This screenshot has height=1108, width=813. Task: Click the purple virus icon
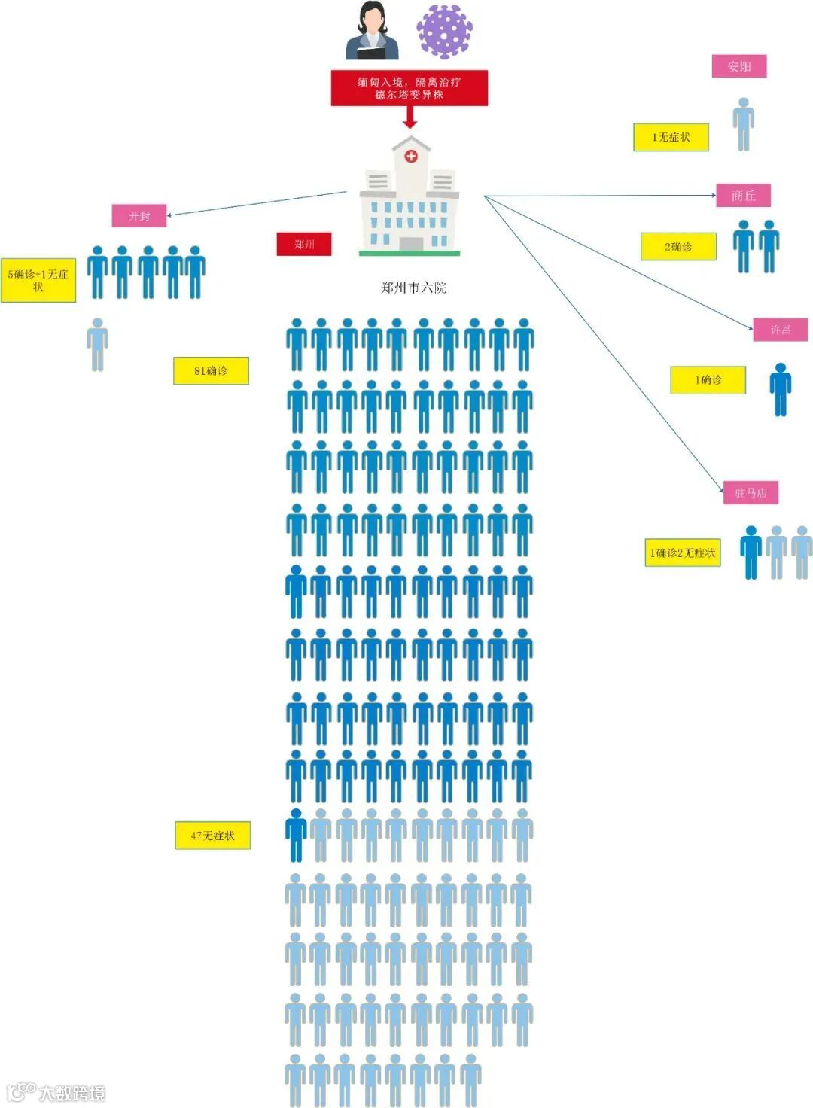tap(444, 32)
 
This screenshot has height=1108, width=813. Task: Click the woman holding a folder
tap(372, 32)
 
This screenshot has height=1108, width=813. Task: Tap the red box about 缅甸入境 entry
tap(410, 88)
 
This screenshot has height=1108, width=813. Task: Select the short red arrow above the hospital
tap(410, 117)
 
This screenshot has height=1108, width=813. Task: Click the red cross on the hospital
tap(411, 156)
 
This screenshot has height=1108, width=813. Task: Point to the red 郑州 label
tap(304, 244)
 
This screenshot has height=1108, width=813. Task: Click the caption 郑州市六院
tap(413, 288)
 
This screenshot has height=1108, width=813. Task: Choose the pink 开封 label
tap(139, 216)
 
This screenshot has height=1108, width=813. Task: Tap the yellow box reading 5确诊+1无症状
tap(38, 280)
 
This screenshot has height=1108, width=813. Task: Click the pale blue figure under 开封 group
tap(98, 344)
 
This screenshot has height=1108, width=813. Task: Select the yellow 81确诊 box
tap(211, 370)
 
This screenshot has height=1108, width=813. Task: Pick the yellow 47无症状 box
tap(213, 835)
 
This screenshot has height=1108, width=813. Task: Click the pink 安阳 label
tap(739, 66)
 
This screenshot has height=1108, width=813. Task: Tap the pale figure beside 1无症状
tap(744, 124)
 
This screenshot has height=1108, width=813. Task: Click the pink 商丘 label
tap(743, 196)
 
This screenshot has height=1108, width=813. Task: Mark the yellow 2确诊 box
tap(678, 246)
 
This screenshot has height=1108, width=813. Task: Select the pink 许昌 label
tap(781, 330)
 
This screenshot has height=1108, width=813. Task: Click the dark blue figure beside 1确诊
tap(781, 389)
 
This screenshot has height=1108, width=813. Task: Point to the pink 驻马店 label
tap(751, 493)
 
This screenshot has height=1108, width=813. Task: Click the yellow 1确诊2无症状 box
tap(683, 552)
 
